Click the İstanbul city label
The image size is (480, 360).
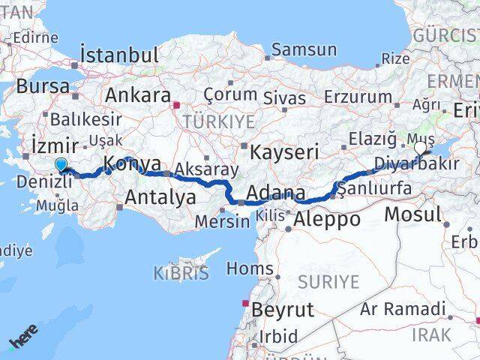coord(120,55)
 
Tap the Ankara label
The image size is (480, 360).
coord(137,95)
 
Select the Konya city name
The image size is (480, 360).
coord(132,163)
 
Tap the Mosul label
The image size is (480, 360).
coord(412,214)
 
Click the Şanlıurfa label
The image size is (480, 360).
coord(374,188)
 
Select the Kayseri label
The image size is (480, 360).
coord(284,151)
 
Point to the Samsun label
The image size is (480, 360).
coord(304,50)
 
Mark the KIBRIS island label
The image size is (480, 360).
coord(181,273)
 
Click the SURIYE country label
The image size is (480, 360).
coord(330,282)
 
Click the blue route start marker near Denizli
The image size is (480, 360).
coord(61,165)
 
